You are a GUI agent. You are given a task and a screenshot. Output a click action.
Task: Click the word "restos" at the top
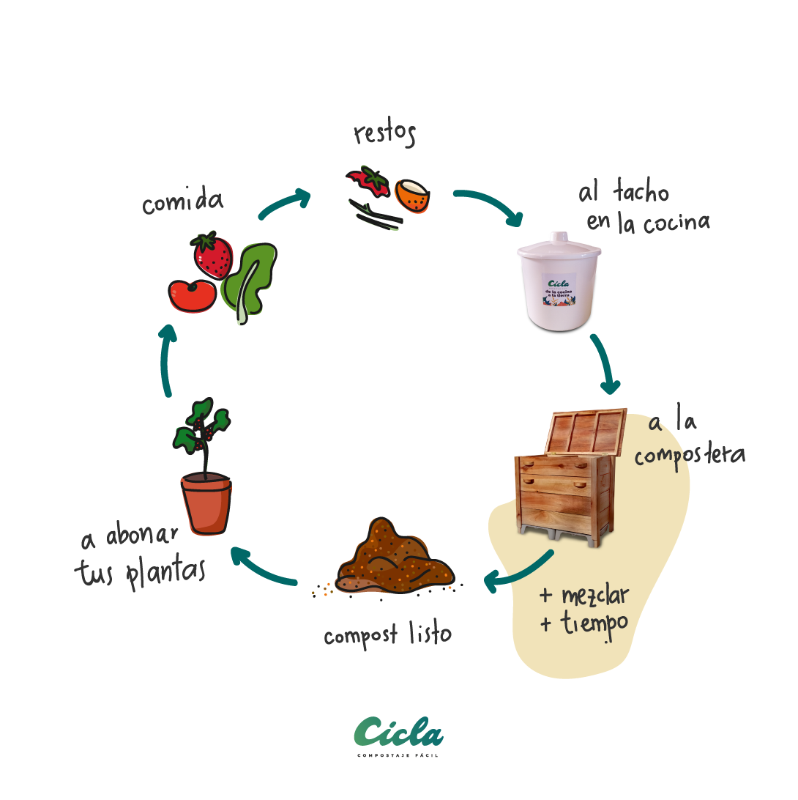pyautogui.click(x=384, y=134)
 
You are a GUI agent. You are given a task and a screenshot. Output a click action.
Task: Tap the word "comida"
pyautogui.click(x=182, y=201)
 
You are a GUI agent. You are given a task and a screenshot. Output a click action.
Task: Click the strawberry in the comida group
pyautogui.click(x=212, y=256)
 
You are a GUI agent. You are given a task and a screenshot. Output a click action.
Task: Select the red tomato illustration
pyautogui.click(x=192, y=294)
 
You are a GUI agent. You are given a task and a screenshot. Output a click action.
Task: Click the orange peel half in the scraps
pyautogui.click(x=414, y=196)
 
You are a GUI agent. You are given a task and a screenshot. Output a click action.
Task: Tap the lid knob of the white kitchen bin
pyautogui.click(x=560, y=236)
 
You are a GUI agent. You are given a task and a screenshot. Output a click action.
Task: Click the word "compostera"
pyautogui.click(x=689, y=455)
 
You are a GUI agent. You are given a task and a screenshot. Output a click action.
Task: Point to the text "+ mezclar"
pyautogui.click(x=583, y=596)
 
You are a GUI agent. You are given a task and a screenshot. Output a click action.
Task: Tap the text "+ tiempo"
pyautogui.click(x=583, y=624)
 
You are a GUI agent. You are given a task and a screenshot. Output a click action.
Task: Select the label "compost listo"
pyautogui.click(x=387, y=634)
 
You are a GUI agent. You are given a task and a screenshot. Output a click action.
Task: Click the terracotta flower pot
pyautogui.click(x=206, y=504)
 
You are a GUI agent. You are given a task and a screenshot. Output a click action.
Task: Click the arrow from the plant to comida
pyautogui.click(x=168, y=359)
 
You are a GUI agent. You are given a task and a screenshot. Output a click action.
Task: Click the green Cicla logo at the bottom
pyautogui.click(x=398, y=732)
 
